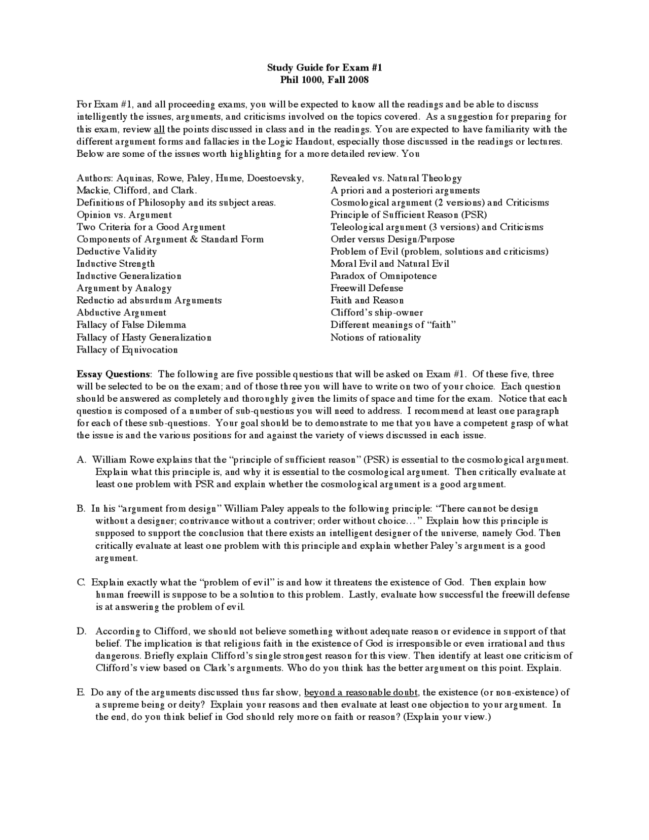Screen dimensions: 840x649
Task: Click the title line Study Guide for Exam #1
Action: (x=324, y=67)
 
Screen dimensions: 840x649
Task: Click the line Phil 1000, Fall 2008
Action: (x=324, y=80)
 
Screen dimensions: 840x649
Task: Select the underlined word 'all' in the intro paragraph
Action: (x=159, y=129)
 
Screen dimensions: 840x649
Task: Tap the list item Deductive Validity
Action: (x=117, y=252)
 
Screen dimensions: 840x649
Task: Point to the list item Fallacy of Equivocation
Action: (x=127, y=350)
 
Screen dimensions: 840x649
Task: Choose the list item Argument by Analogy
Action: (x=124, y=288)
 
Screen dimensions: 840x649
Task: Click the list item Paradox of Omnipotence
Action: (x=383, y=276)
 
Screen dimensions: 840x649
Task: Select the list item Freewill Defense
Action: (x=367, y=288)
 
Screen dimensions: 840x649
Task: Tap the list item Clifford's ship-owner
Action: (x=377, y=313)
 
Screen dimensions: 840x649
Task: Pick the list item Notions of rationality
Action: (x=376, y=338)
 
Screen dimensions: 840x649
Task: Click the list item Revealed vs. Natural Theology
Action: (x=396, y=178)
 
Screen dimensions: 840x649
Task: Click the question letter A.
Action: (x=81, y=460)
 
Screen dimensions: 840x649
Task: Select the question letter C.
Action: (x=81, y=583)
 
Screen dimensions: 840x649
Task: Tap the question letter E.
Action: (x=80, y=692)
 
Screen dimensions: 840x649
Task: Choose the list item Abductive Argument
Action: (x=121, y=313)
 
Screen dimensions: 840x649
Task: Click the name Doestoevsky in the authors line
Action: (x=275, y=178)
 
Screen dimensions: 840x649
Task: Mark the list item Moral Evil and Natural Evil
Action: (x=389, y=264)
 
